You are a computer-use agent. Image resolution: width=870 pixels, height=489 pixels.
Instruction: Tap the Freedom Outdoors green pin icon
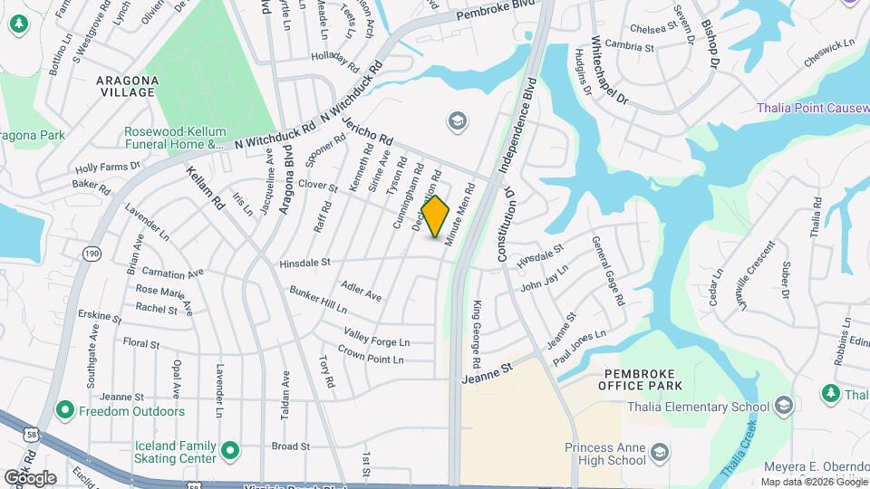coord(64,411)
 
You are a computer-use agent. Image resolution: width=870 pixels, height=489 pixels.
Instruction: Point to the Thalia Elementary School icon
coord(784,406)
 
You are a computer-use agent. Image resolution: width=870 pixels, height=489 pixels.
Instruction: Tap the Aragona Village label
coord(128,86)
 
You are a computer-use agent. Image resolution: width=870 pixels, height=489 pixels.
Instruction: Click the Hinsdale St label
coord(305,263)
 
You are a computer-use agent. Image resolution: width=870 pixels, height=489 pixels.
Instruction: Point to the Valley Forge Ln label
coord(376,338)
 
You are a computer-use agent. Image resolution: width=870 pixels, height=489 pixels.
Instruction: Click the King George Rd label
coord(477,327)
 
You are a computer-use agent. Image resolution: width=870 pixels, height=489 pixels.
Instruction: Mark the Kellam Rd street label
coord(206,188)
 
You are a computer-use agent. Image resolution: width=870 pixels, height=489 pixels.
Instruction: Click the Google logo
coord(30,477)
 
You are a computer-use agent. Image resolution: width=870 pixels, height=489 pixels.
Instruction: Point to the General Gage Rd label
coord(608,270)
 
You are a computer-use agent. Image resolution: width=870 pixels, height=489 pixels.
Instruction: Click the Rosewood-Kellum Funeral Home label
coord(174,137)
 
